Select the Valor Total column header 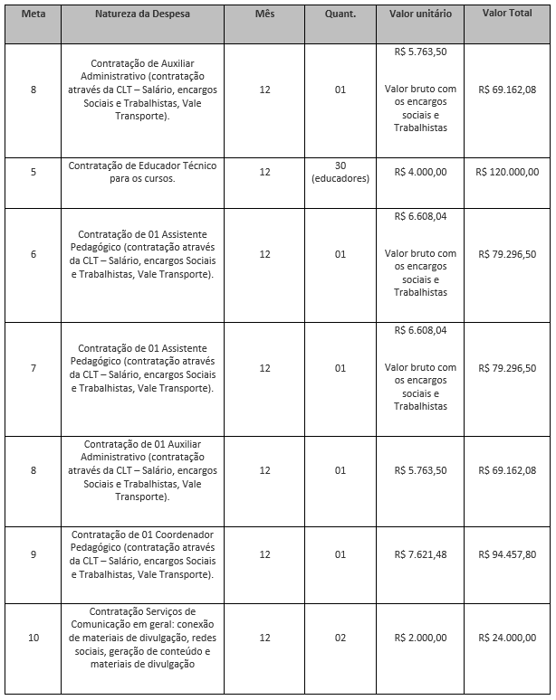coord(507,16)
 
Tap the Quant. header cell coord(340,16)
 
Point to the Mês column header coord(264,16)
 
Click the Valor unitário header coord(420,16)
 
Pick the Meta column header coord(34,16)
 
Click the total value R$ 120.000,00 coord(507,172)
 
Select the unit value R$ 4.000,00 coord(420,172)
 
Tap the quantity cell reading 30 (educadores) coord(340,172)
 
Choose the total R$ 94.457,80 coord(507,554)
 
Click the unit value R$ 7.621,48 coord(420,554)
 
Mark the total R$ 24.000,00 coord(507,638)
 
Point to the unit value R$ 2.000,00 coord(420,638)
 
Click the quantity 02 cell coord(340,638)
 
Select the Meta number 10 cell coord(34,638)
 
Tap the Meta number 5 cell coord(34,172)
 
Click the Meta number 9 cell coord(34,554)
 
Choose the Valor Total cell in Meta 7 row coord(507,369)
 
